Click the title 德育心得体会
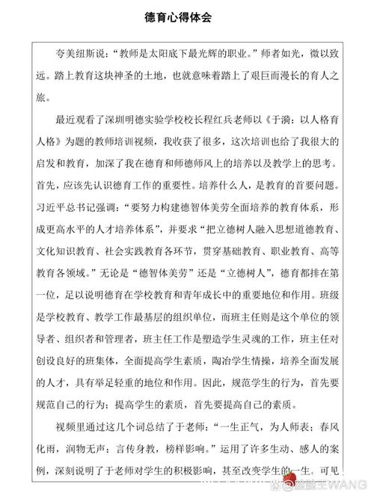coord(186,15)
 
